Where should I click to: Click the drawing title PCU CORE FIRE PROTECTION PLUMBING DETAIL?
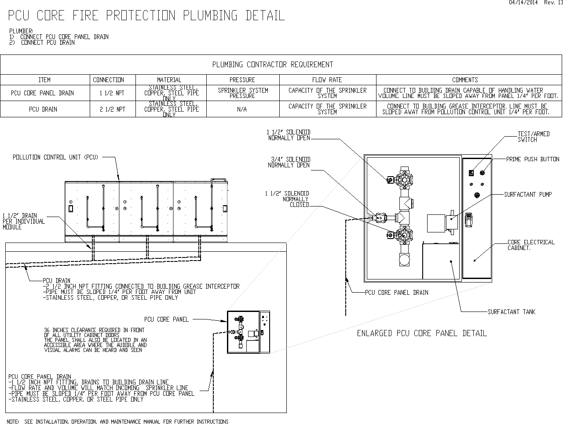(146, 15)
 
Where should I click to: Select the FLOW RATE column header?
(327, 80)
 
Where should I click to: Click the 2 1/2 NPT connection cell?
(113, 109)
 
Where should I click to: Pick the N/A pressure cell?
(242, 109)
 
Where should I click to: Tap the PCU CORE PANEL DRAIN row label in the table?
(42, 93)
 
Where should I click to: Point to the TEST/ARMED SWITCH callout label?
(534, 137)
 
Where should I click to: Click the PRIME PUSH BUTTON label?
(533, 159)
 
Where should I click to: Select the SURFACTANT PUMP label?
(528, 195)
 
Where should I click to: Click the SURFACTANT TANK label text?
(512, 312)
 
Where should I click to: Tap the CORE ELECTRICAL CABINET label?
(531, 245)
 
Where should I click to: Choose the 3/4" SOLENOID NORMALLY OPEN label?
(289, 162)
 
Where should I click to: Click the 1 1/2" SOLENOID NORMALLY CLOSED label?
(287, 199)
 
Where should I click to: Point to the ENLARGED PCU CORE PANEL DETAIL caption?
(422, 333)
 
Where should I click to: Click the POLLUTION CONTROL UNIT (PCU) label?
(55, 157)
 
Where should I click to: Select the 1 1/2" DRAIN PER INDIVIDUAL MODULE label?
(24, 221)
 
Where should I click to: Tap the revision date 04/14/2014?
(523, 3)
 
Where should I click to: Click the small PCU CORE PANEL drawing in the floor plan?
(248, 332)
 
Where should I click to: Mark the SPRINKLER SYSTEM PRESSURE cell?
(243, 93)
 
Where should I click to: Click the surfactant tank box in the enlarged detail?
(441, 261)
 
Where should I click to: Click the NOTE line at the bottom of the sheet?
(117, 421)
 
